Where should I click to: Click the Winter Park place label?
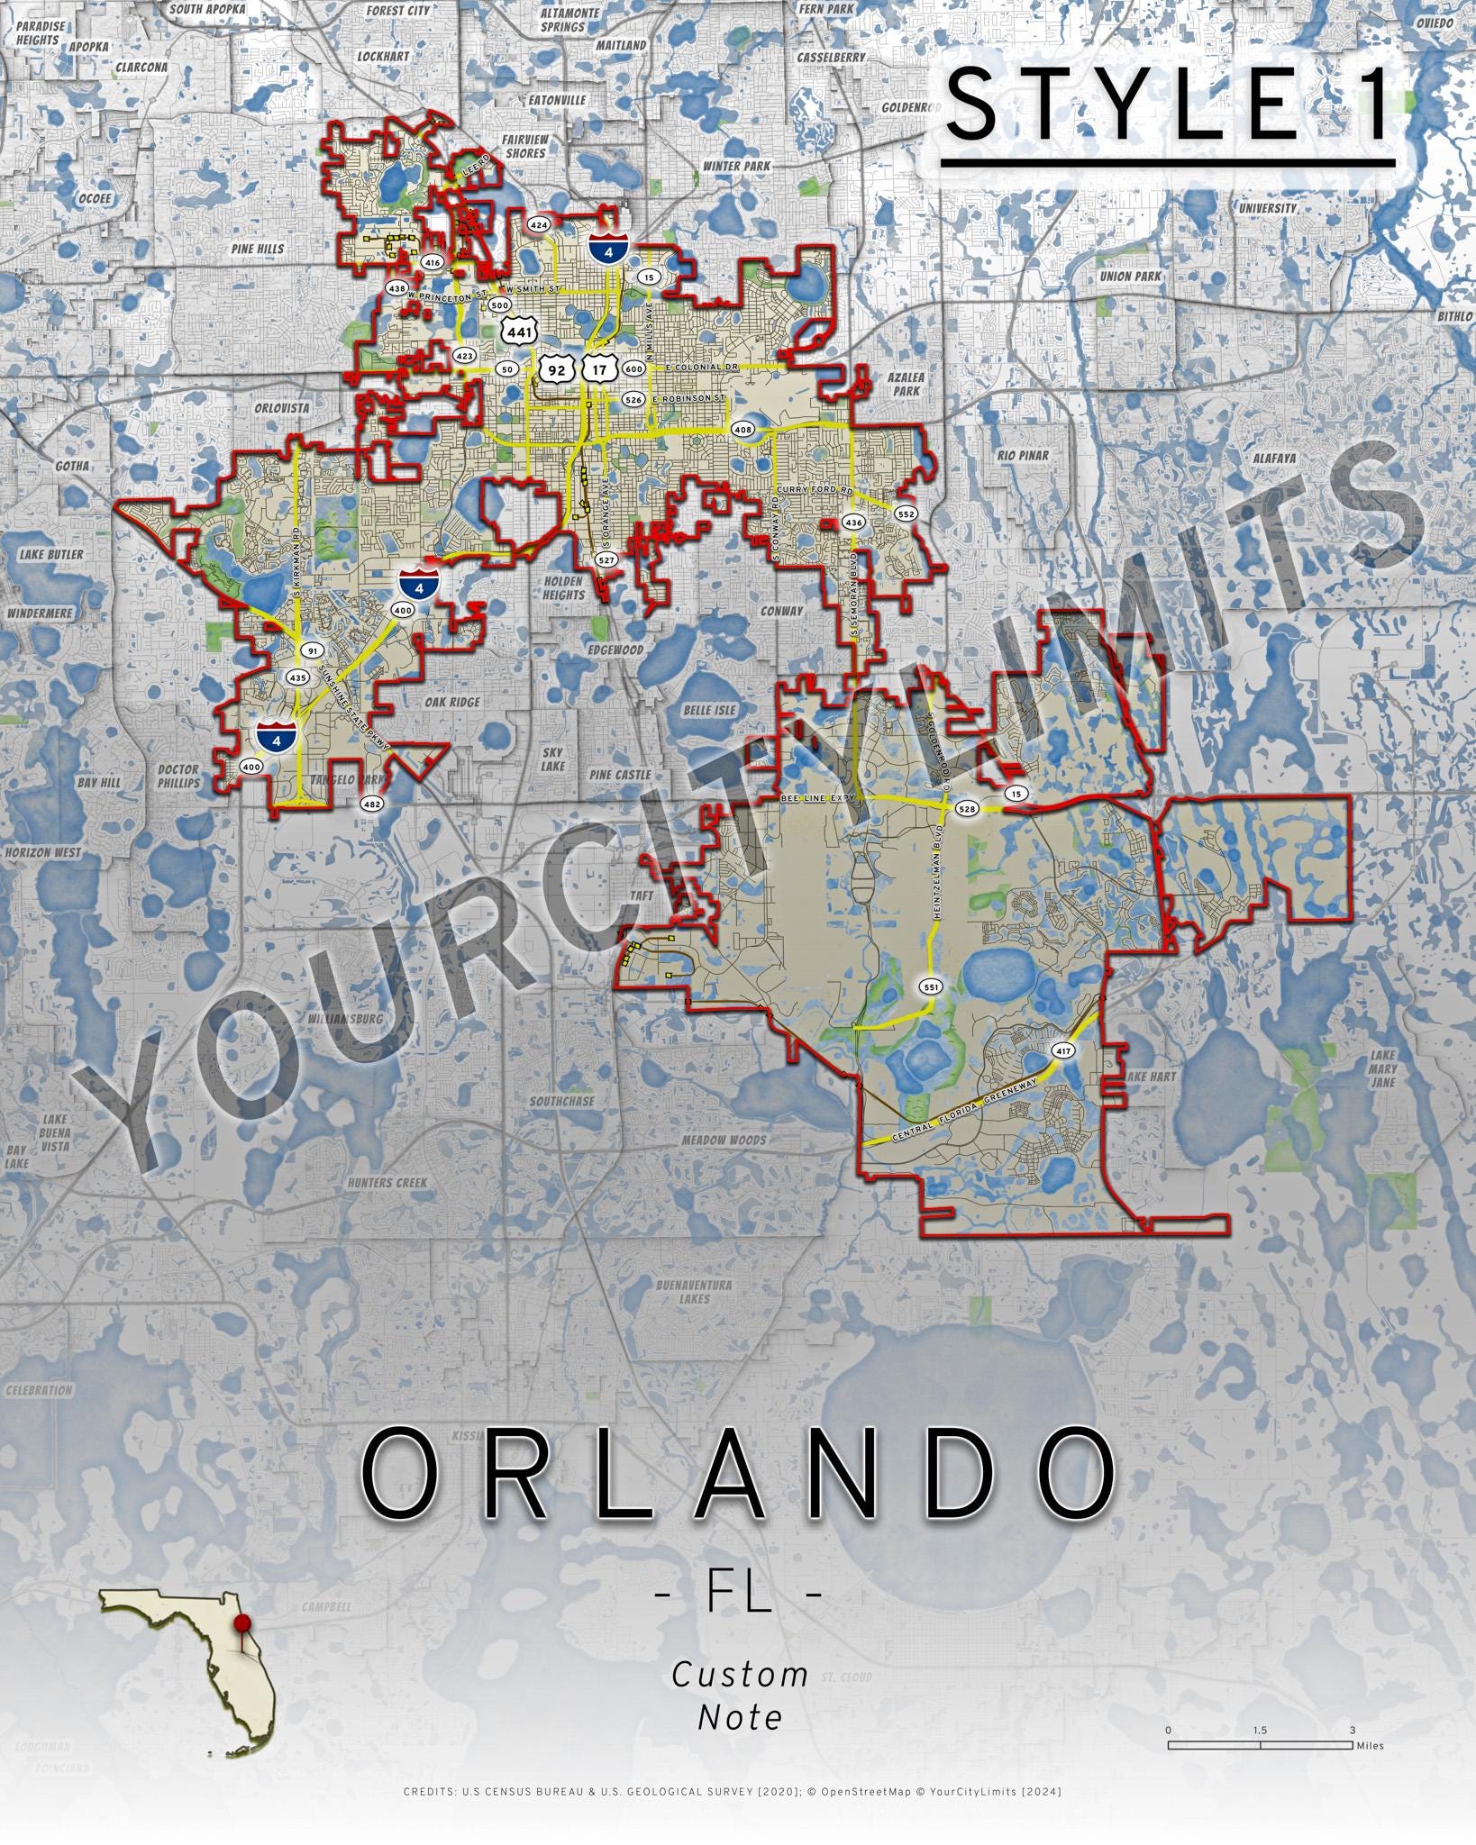pos(736,166)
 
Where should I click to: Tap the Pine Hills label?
pos(257,249)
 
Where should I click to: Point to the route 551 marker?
pos(931,987)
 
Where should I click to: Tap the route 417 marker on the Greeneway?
pos(1063,1050)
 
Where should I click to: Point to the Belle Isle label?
pos(709,710)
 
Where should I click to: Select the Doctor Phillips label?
pos(178,777)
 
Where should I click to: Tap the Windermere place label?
pos(40,613)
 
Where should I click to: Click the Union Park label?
pos(1130,277)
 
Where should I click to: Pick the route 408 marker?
pos(743,430)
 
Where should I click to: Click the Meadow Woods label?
pos(724,1141)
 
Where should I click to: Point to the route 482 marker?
pos(371,804)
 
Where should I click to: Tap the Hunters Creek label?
pos(387,1182)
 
